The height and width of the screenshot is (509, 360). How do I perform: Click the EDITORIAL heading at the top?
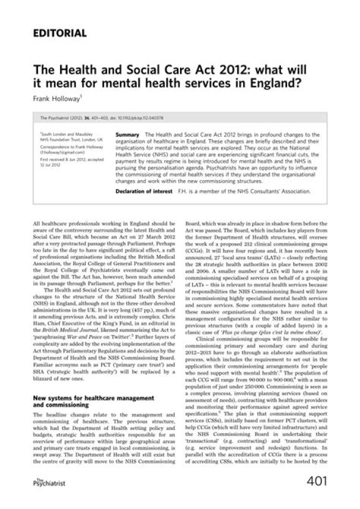coord(59,33)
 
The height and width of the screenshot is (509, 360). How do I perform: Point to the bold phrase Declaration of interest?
coord(142,190)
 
